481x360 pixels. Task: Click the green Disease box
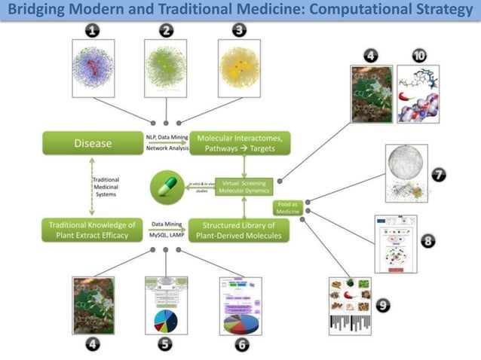coord(93,143)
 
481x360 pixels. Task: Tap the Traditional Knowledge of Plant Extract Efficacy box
coord(93,230)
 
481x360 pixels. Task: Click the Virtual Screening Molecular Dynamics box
coord(243,187)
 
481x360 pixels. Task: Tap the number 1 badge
coord(93,31)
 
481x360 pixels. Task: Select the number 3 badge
coord(239,31)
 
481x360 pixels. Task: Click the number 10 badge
coord(420,56)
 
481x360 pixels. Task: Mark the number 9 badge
coord(384,305)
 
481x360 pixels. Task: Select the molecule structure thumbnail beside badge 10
coord(418,94)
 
